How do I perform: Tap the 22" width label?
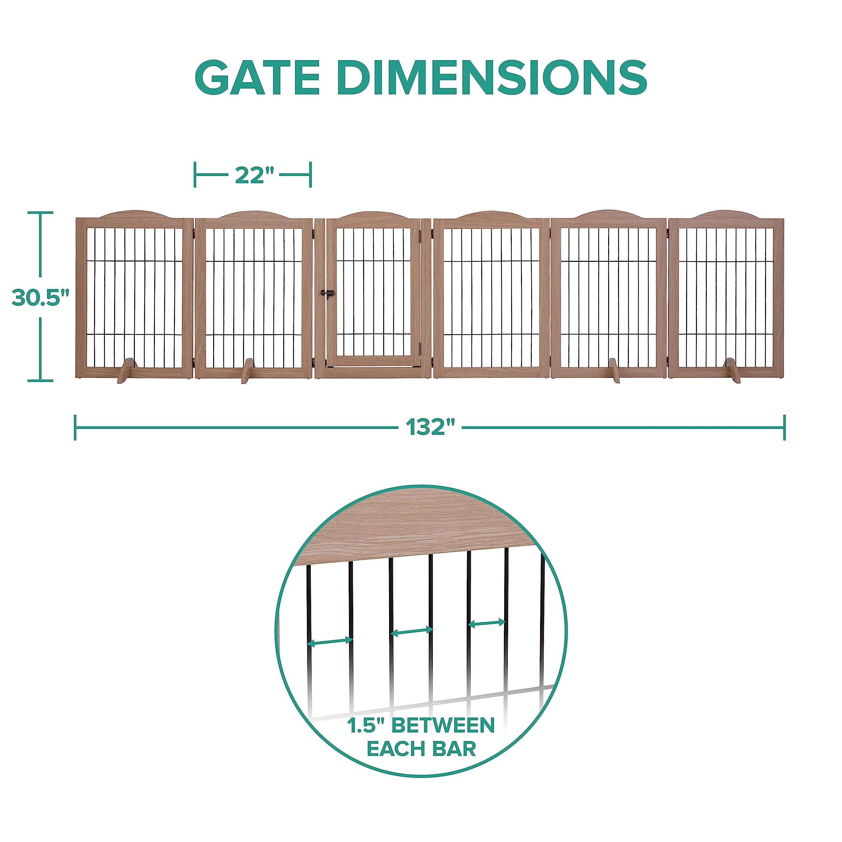click(255, 175)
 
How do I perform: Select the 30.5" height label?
click(40, 297)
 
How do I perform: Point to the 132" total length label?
click(430, 427)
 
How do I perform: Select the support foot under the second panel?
click(247, 371)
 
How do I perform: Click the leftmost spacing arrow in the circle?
click(330, 641)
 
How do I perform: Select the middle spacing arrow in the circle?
click(412, 631)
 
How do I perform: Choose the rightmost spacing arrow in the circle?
click(487, 623)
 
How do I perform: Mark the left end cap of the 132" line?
click(75, 427)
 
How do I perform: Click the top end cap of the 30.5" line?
click(40, 213)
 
